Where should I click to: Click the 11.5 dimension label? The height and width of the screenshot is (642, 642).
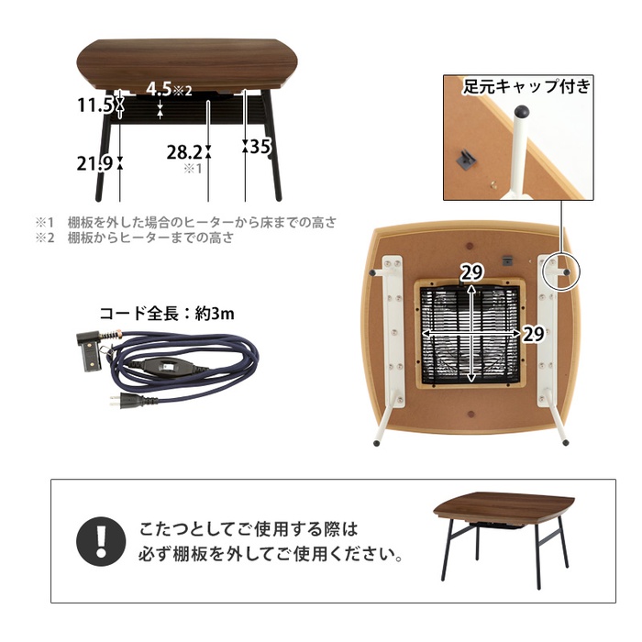pyautogui.click(x=94, y=105)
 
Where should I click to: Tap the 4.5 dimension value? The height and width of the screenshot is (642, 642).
pyautogui.click(x=159, y=88)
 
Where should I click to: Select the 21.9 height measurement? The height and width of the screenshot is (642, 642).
pyautogui.click(x=94, y=163)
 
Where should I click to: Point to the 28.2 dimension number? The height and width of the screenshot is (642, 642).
pyautogui.click(x=184, y=153)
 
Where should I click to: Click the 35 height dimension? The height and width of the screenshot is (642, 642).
pyautogui.click(x=260, y=146)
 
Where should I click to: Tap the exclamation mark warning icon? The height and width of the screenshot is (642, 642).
pyautogui.click(x=101, y=541)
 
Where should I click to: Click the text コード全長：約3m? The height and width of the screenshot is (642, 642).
pyautogui.click(x=167, y=314)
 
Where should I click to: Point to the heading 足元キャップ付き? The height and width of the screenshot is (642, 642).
pyautogui.click(x=527, y=86)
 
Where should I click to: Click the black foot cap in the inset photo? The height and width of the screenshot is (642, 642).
pyautogui.click(x=521, y=111)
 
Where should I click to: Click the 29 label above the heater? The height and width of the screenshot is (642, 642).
pyautogui.click(x=471, y=272)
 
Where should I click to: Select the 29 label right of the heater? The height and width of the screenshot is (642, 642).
pyautogui.click(x=534, y=334)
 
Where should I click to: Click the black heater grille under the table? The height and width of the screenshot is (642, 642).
pyautogui.click(x=470, y=335)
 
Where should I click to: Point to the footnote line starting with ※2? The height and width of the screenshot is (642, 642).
pyautogui.click(x=135, y=238)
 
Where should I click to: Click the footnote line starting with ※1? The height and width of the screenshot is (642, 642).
pyautogui.click(x=186, y=222)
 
